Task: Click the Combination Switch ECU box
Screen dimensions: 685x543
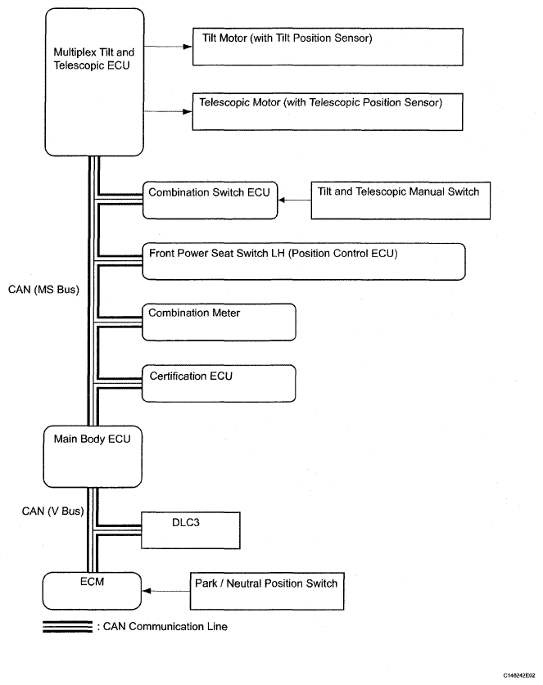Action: click(x=210, y=201)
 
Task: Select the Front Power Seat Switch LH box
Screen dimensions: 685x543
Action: click(x=304, y=261)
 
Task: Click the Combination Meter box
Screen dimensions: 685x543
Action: click(x=218, y=322)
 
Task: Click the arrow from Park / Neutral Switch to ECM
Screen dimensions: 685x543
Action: click(x=166, y=589)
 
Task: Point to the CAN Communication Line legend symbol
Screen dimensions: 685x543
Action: click(x=67, y=626)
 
